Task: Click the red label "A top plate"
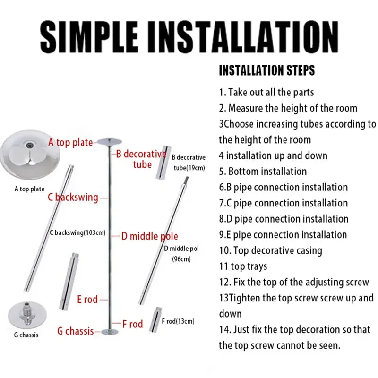click(70, 142)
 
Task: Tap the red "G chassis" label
click(76, 331)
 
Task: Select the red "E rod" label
click(87, 299)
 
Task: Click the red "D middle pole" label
click(149, 236)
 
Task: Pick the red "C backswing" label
click(73, 197)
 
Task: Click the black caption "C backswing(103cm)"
click(77, 232)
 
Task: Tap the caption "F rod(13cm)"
click(178, 322)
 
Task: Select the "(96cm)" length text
click(181, 258)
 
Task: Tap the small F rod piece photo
click(155, 321)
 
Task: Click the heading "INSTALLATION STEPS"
click(266, 71)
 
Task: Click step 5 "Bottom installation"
click(263, 171)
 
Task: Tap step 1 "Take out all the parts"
click(266, 92)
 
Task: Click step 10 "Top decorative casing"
click(270, 250)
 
